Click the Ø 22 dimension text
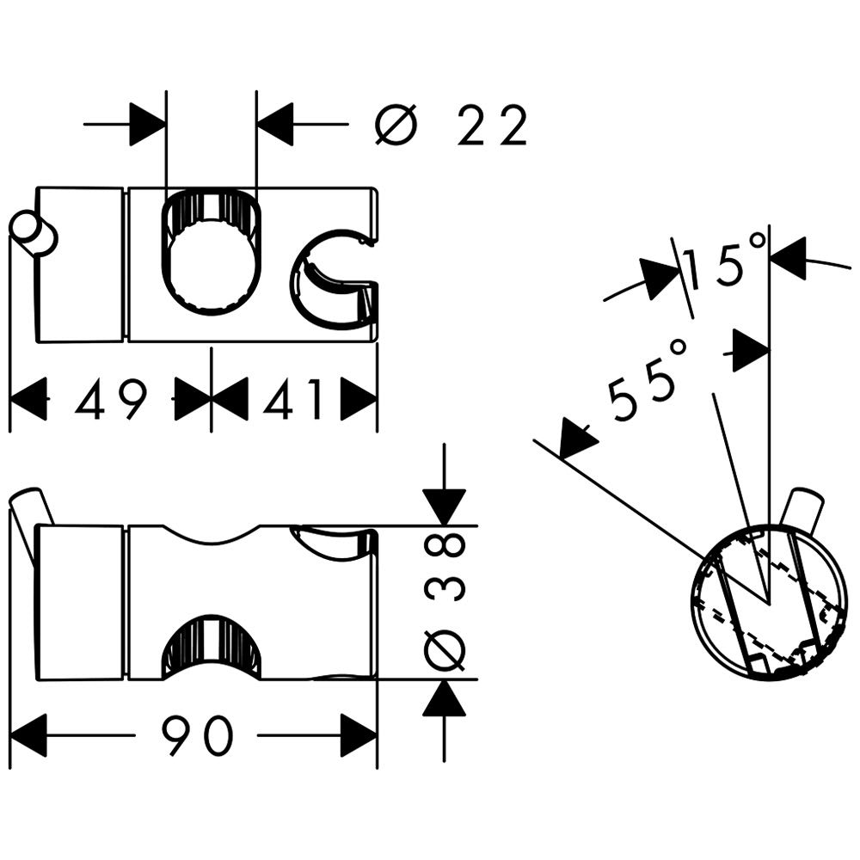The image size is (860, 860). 451,125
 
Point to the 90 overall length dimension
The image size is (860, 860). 198,735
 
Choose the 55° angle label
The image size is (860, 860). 648,379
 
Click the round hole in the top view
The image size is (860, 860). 212,252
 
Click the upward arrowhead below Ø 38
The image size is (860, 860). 445,697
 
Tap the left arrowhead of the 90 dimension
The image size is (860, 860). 28,735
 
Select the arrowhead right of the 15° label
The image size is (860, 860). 787,256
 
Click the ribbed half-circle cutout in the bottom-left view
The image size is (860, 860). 212,648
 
